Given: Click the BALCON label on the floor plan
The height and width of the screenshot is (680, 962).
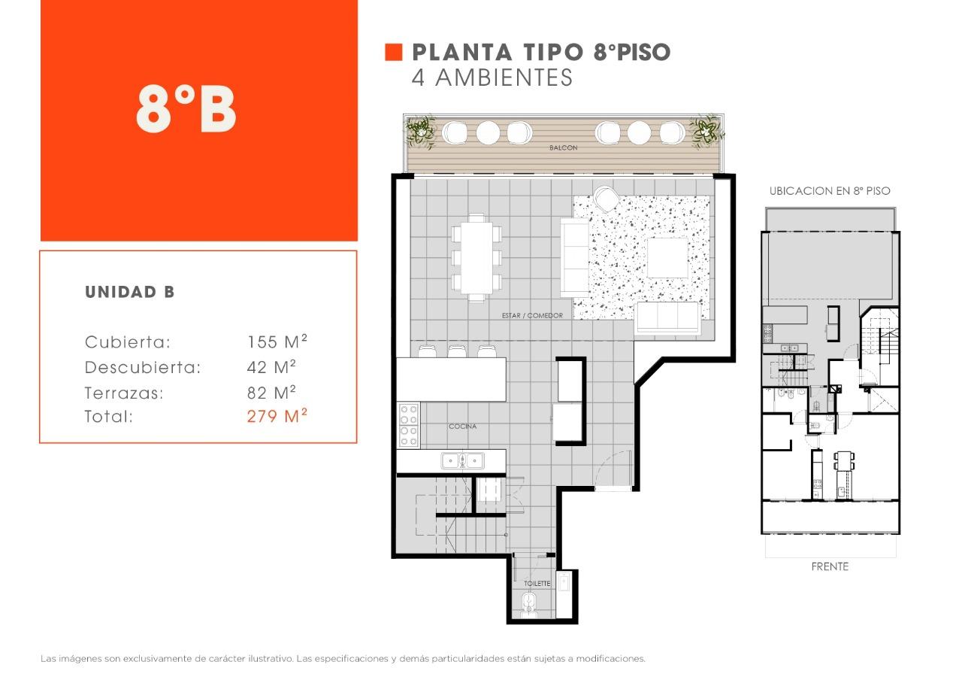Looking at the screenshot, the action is pyautogui.click(x=563, y=148).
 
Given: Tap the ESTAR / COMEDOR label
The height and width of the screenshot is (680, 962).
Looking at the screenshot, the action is pyautogui.click(x=532, y=315).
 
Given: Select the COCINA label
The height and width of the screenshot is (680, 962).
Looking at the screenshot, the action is pyautogui.click(x=462, y=427).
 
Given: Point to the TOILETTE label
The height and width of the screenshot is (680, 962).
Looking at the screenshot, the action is pyautogui.click(x=537, y=583).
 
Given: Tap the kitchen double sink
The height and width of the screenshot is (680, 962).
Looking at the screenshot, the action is pyautogui.click(x=462, y=461).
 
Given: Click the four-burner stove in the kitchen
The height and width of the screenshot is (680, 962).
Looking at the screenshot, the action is pyautogui.click(x=408, y=425).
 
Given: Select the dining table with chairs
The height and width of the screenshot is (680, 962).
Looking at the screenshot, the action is pyautogui.click(x=476, y=258).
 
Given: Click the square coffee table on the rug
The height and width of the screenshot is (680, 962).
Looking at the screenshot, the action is pyautogui.click(x=667, y=258).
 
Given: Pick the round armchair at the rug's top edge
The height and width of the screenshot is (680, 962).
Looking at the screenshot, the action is pyautogui.click(x=606, y=199).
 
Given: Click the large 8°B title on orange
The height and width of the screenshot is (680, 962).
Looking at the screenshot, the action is pyautogui.click(x=186, y=109).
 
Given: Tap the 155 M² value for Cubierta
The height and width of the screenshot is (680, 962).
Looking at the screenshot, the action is pyautogui.click(x=277, y=342).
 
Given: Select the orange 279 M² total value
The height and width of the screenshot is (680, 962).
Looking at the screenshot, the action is pyautogui.click(x=277, y=416).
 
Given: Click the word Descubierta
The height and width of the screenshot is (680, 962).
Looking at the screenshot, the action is pyautogui.click(x=143, y=368).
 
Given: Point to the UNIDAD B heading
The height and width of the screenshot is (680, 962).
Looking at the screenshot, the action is pyautogui.click(x=130, y=293).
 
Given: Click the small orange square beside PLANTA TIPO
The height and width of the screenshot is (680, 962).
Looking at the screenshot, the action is pyautogui.click(x=393, y=53).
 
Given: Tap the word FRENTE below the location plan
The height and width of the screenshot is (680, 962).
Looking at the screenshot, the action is pyautogui.click(x=830, y=567).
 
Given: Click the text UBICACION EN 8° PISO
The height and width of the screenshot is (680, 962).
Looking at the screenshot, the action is pyautogui.click(x=830, y=191).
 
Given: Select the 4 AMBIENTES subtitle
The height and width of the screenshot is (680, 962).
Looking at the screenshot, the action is pyautogui.click(x=492, y=77).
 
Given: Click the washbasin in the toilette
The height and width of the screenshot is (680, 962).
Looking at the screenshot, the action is pyautogui.click(x=564, y=581).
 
